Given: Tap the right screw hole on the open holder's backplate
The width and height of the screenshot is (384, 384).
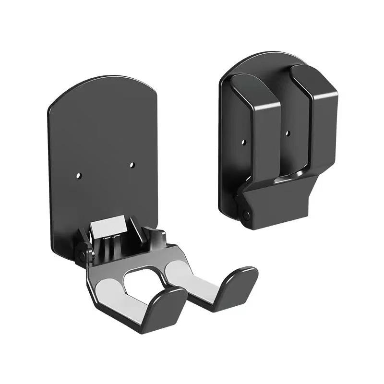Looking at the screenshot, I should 132,165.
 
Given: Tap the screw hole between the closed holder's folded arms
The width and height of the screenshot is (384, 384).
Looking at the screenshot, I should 287,133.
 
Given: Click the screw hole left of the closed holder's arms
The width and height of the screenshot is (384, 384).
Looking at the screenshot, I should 243,143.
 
